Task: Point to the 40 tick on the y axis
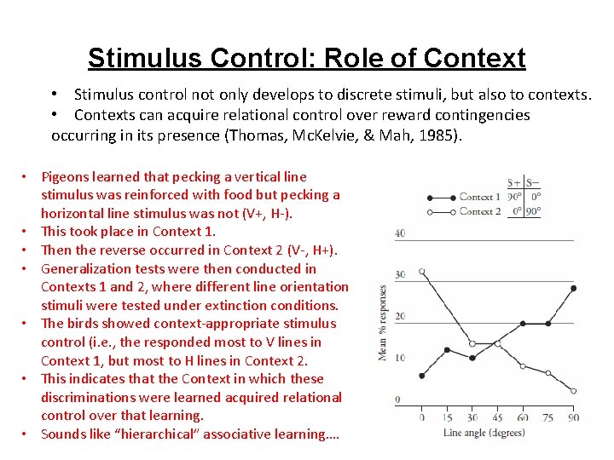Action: click(x=400, y=233)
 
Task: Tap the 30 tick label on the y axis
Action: click(x=400, y=274)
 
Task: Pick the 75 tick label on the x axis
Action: click(x=547, y=417)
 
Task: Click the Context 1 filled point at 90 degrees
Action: click(x=573, y=288)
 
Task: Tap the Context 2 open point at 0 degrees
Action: click(x=422, y=274)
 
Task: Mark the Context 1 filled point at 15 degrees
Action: click(x=447, y=350)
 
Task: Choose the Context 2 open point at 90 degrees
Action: click(x=573, y=391)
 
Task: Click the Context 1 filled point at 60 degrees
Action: click(x=523, y=325)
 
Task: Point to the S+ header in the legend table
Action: click(x=514, y=182)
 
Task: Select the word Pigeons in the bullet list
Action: click(x=65, y=176)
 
